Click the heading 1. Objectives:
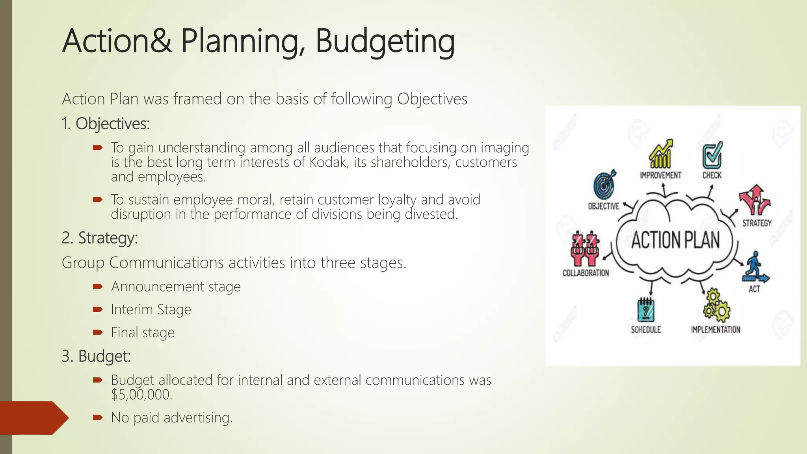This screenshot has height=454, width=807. tap(106, 124)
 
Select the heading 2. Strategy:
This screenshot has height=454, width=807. tap(100, 238)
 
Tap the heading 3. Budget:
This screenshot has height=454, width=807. tap(96, 356)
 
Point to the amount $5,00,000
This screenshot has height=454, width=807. tap(141, 394)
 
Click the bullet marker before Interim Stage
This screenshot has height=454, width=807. tap(97, 309)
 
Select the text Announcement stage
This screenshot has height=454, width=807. tap(176, 287)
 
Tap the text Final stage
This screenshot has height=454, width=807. tap(143, 333)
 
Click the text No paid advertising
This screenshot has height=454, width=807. tap(172, 418)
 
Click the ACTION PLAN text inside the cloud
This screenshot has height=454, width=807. tap(675, 240)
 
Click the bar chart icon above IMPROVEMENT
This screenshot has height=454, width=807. tap(661, 154)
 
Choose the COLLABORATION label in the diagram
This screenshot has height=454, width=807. tap(586, 273)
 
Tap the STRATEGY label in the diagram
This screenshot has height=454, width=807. tap(757, 223)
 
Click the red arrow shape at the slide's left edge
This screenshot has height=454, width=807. tap(33, 418)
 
